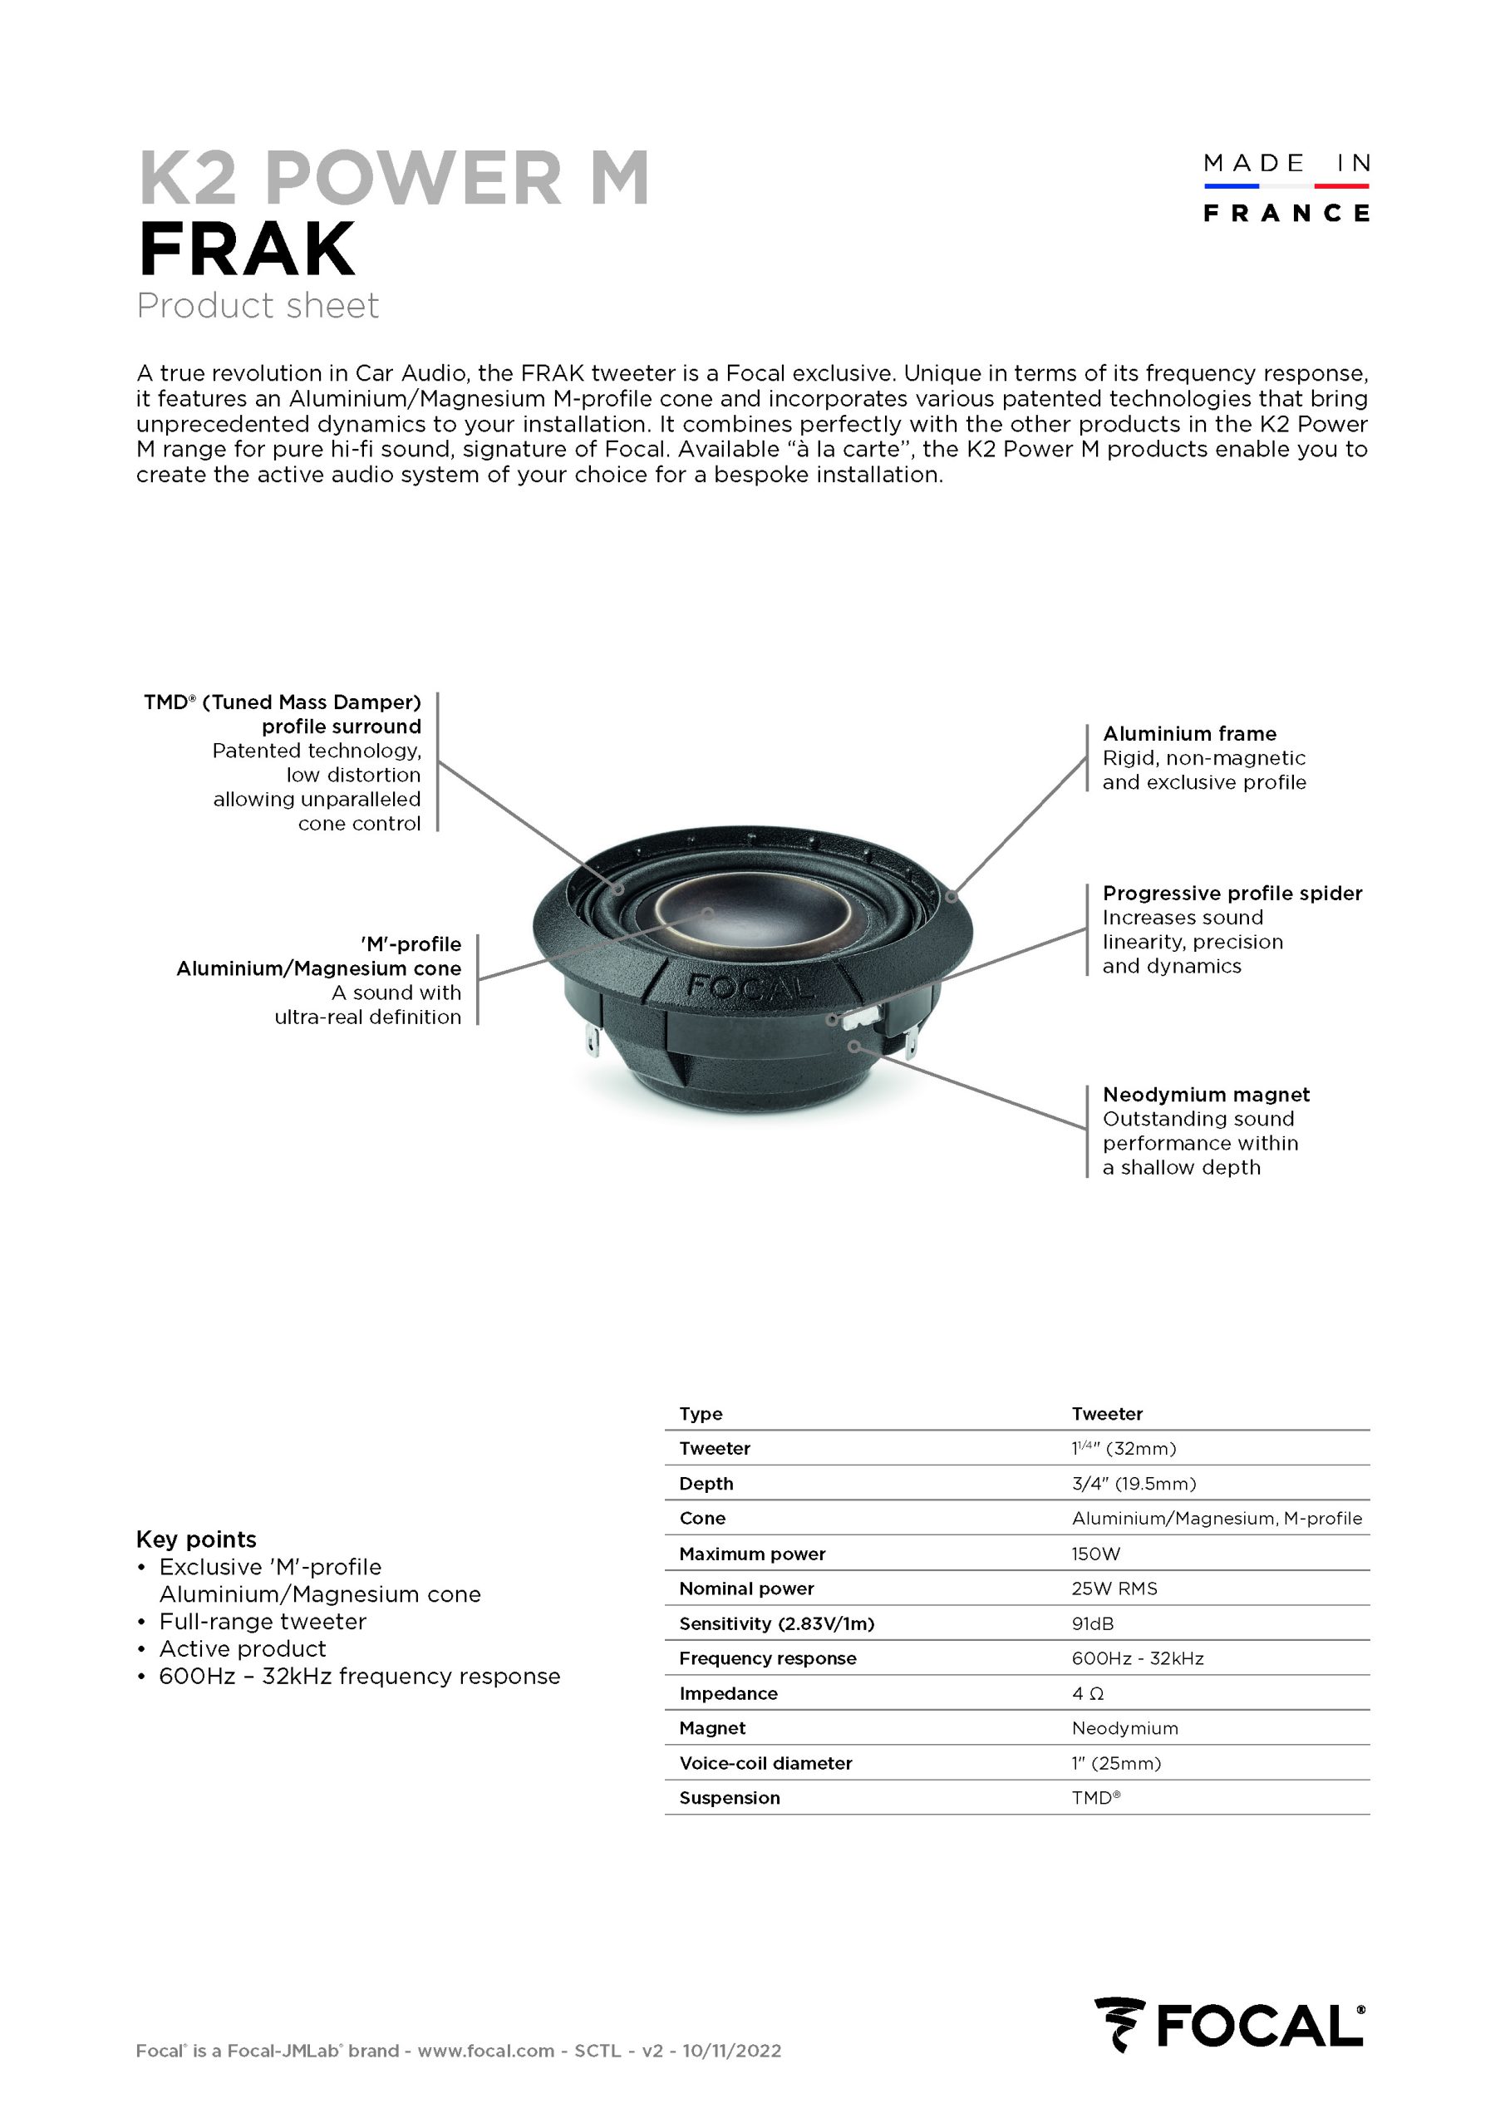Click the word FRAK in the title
click(247, 249)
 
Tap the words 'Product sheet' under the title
click(258, 306)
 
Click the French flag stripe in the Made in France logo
click(1286, 186)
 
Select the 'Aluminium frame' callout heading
click(1189, 733)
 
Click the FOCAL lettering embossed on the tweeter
click(750, 988)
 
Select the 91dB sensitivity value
click(1093, 1623)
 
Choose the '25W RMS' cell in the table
click(1114, 1588)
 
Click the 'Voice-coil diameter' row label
click(765, 1763)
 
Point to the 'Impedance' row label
click(729, 1693)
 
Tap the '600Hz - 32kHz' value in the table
click(1137, 1658)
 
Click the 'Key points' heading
click(196, 1539)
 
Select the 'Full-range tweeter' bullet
click(263, 1621)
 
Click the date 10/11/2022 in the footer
click(731, 2050)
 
